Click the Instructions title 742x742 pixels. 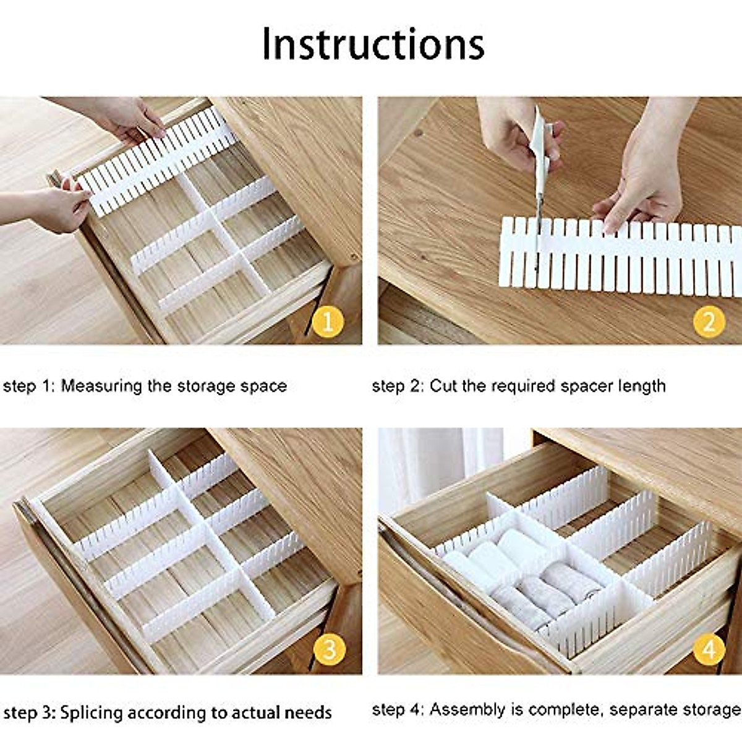pyautogui.click(x=373, y=44)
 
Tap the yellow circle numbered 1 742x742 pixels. pyautogui.click(x=328, y=322)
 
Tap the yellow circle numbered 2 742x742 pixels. pyautogui.click(x=709, y=322)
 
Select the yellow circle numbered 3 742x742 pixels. pyautogui.click(x=328, y=649)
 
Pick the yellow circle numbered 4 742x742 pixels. pyautogui.click(x=709, y=649)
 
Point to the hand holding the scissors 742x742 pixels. pyautogui.click(x=516, y=133)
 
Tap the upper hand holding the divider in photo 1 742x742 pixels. pyautogui.click(x=127, y=121)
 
